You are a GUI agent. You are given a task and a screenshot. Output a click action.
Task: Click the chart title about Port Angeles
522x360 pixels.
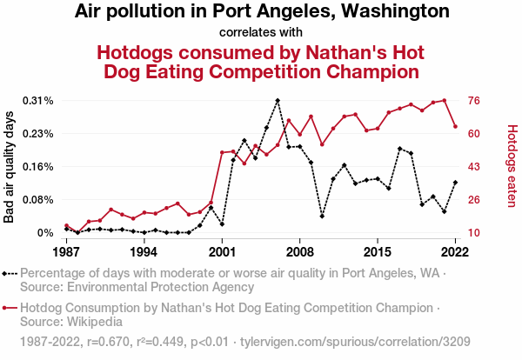[262, 12]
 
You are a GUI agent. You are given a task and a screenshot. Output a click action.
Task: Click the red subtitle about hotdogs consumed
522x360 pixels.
[262, 61]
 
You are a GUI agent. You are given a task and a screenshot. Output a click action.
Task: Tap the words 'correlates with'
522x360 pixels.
[262, 33]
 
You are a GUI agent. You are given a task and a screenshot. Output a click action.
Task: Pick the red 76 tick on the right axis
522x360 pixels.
[475, 101]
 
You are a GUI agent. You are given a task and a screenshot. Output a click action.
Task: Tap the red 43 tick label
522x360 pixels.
[475, 167]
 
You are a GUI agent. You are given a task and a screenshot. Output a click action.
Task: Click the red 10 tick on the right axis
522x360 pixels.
[475, 233]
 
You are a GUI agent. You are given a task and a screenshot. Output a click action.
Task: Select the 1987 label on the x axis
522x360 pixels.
[67, 252]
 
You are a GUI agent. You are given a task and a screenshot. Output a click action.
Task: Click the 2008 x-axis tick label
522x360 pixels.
[300, 252]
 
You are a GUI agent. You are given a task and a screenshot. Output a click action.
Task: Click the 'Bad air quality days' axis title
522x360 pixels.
[10, 167]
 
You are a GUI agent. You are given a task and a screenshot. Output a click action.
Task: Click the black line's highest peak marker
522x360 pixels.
[278, 101]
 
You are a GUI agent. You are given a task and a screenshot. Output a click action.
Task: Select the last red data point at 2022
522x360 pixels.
[455, 127]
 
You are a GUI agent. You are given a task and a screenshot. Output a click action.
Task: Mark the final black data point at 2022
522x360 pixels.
[455, 183]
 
